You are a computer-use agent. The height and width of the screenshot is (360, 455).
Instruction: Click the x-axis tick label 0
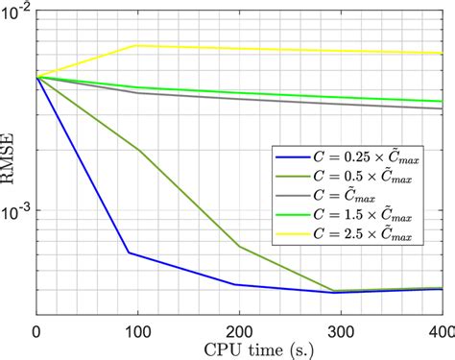point(36,331)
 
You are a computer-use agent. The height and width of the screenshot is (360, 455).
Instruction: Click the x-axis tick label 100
point(138,331)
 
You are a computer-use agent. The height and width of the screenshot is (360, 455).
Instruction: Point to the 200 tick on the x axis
point(239,331)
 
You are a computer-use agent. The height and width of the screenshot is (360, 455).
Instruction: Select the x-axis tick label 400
point(439,331)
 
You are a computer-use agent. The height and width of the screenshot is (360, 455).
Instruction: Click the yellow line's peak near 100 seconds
point(137,45)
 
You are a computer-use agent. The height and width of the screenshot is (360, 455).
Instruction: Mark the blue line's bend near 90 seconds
point(128,253)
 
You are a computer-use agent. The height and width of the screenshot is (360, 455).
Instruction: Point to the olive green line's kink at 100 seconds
point(137,149)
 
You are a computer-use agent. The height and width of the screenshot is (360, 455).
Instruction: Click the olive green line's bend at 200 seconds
point(239,246)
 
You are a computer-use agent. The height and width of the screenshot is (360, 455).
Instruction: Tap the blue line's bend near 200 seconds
point(236,284)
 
